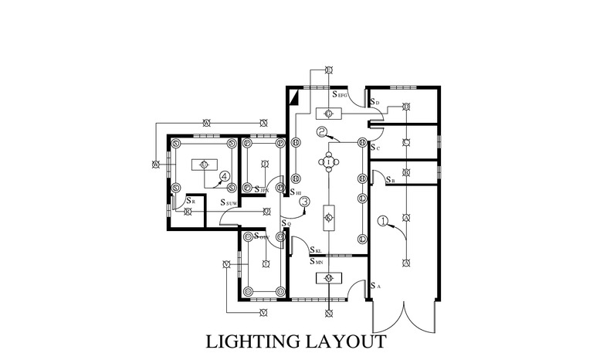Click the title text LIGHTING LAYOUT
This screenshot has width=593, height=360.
pos(296,341)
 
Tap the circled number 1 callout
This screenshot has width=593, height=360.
pos(382,220)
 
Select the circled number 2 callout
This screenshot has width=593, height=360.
pos(321,132)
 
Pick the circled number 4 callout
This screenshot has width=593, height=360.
pos(225,177)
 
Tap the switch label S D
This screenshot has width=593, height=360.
pos(374,102)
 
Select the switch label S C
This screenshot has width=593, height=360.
pos(374,146)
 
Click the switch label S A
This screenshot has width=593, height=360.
pos(374,286)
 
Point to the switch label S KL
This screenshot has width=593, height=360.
pos(316,250)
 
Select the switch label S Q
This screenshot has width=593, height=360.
pos(286,223)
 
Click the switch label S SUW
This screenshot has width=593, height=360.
pos(229,202)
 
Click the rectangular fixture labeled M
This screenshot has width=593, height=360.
pos(328,277)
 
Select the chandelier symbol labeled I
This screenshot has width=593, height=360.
pos(329,161)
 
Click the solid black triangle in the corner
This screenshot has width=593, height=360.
pos(294,97)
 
